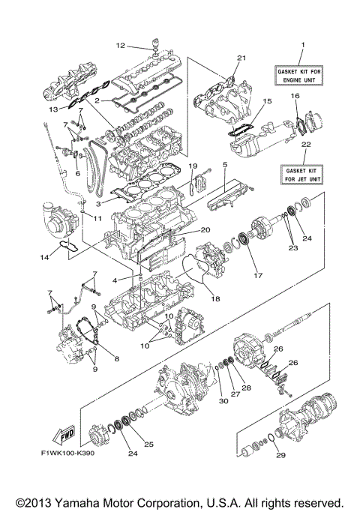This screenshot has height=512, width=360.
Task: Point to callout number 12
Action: (120, 45)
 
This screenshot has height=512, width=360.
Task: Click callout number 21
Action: (241, 58)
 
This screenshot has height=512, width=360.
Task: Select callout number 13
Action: (53, 109)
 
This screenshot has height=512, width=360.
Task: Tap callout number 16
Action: (295, 96)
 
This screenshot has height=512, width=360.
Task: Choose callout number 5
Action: (224, 163)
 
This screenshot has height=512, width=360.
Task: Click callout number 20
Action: (205, 230)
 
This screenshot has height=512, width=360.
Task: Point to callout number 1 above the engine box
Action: (303, 45)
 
